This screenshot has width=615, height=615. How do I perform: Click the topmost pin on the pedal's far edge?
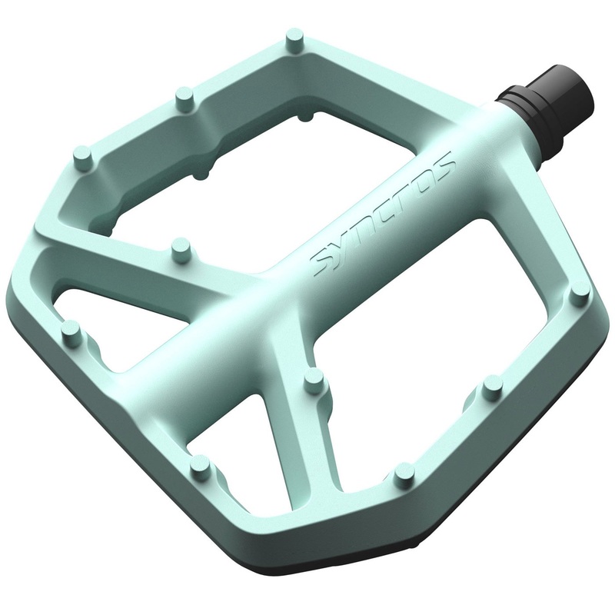click(x=294, y=38)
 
